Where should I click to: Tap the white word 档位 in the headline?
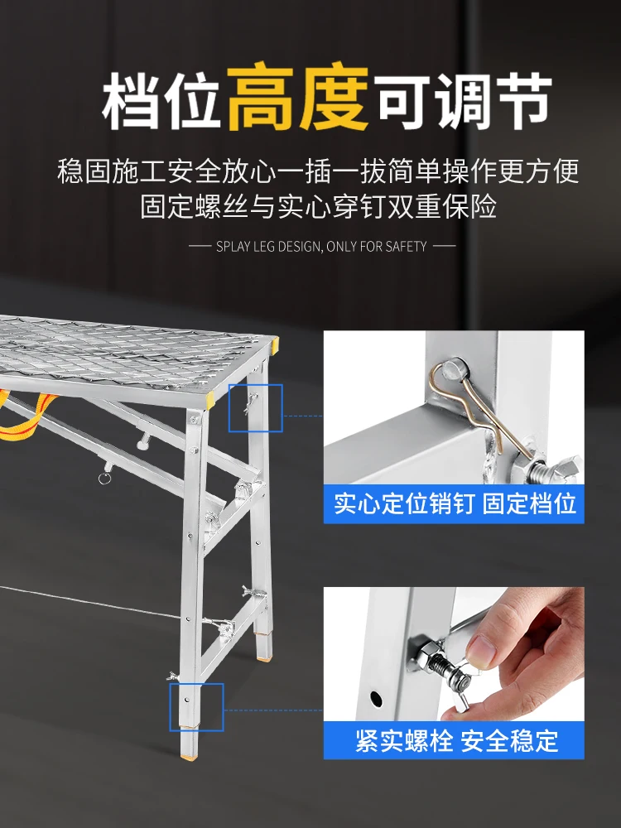161,100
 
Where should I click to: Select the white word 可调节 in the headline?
465,100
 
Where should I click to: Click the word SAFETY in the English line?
406,247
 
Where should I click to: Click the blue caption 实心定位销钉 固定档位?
454,503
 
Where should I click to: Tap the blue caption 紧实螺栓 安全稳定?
456,740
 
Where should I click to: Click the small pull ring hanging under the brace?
104,479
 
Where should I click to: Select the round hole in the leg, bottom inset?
376,698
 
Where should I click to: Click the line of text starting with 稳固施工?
318,171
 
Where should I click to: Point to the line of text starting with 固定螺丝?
318,206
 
